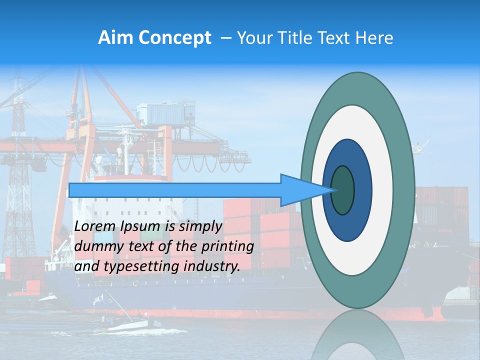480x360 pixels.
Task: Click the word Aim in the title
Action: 115,38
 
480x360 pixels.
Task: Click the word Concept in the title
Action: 174,38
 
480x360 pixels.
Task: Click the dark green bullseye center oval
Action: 343,190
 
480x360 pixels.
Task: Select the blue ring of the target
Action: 363,190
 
